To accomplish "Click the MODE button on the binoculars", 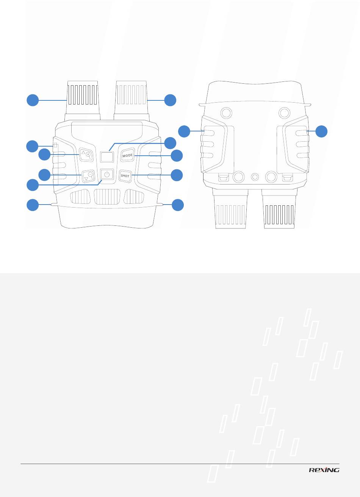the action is pyautogui.click(x=128, y=155).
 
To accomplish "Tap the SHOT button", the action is pyautogui.click(x=125, y=176).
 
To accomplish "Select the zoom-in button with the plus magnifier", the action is pyautogui.click(x=86, y=155).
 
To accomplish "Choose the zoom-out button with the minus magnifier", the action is pyautogui.click(x=88, y=176).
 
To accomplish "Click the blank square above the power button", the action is pyautogui.click(x=107, y=157).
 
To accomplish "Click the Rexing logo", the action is pyautogui.click(x=324, y=470).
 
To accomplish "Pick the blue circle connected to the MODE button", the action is pyautogui.click(x=177, y=156).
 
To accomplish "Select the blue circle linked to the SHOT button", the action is pyautogui.click(x=177, y=175).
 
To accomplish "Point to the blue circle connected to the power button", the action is pyautogui.click(x=33, y=185).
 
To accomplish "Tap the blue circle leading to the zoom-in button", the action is pyautogui.click(x=44, y=155).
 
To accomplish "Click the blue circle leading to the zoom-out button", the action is pyautogui.click(x=44, y=175).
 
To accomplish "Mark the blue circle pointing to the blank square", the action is pyautogui.click(x=170, y=143).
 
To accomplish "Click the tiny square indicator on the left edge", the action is pyautogui.click(x=55, y=145).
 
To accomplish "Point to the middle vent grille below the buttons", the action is pyautogui.click(x=107, y=197).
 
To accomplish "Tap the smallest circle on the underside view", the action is pyautogui.click(x=255, y=177).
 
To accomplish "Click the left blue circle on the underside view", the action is pyautogui.click(x=184, y=131).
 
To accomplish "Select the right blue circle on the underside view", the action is pyautogui.click(x=321, y=131).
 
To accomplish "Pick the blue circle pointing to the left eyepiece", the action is pyautogui.click(x=33, y=100).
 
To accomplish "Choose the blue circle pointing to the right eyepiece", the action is pyautogui.click(x=170, y=100).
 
